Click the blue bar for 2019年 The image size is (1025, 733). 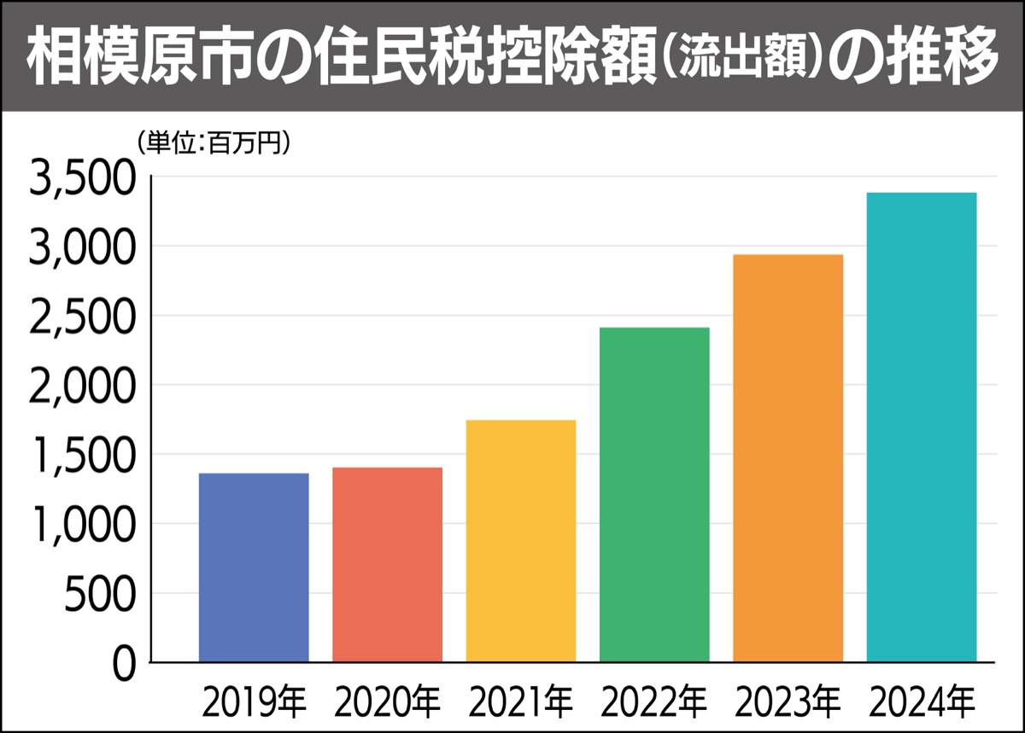pyautogui.click(x=254, y=567)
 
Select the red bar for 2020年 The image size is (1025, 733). pyautogui.click(x=387, y=564)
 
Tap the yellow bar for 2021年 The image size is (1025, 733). pyautogui.click(x=521, y=540)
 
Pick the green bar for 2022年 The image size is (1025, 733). pyautogui.click(x=654, y=494)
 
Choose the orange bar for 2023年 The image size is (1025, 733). pyautogui.click(x=788, y=457)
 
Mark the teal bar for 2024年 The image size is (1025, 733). pyautogui.click(x=922, y=427)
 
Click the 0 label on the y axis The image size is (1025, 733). pyautogui.click(x=124, y=664)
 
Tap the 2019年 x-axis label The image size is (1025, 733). pyautogui.click(x=254, y=703)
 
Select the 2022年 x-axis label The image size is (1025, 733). pyautogui.click(x=654, y=703)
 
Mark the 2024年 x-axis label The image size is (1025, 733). pyautogui.click(x=922, y=703)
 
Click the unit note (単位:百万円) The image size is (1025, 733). pyautogui.click(x=214, y=142)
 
